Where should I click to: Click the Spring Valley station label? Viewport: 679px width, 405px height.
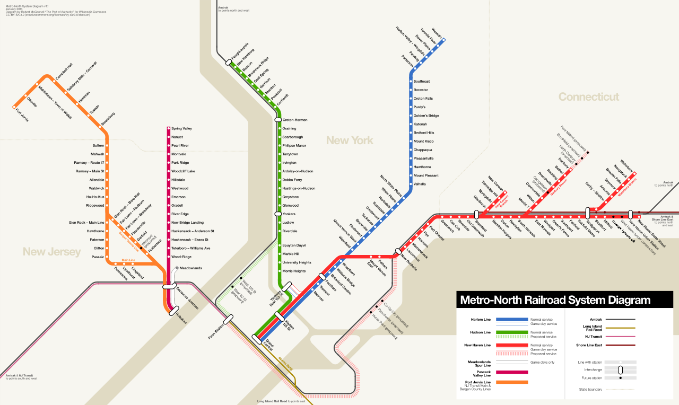(181, 128)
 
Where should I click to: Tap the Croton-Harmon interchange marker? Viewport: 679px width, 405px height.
(277, 120)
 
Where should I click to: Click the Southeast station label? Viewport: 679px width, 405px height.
(422, 81)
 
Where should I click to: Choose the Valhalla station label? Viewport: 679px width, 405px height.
(420, 184)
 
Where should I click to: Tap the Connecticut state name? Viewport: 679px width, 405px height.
(588, 97)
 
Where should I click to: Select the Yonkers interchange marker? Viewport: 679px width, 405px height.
(277, 214)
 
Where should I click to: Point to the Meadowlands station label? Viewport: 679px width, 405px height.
(190, 268)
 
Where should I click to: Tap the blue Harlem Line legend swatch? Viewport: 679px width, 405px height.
(511, 320)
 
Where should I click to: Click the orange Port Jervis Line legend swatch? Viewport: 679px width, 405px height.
(511, 382)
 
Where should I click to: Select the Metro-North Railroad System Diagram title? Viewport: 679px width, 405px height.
(554, 301)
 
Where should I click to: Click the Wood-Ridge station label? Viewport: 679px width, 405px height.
(182, 257)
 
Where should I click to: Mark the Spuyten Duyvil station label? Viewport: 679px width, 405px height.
(294, 245)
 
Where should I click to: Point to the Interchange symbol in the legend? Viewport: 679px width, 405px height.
(620, 369)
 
